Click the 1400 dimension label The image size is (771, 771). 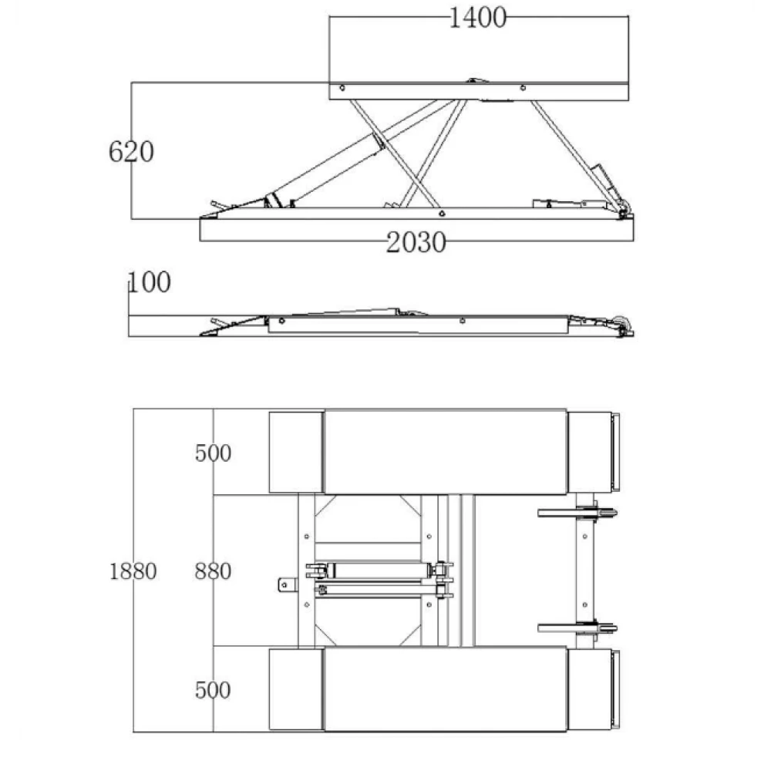477,18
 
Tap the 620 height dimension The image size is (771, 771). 131,151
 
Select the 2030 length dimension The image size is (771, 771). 416,242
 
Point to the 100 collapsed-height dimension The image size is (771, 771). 150,282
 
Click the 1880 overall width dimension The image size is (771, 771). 133,571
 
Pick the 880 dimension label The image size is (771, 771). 213,571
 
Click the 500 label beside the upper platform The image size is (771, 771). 213,453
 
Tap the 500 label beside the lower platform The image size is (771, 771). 213,690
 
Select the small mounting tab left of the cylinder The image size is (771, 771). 288,585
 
